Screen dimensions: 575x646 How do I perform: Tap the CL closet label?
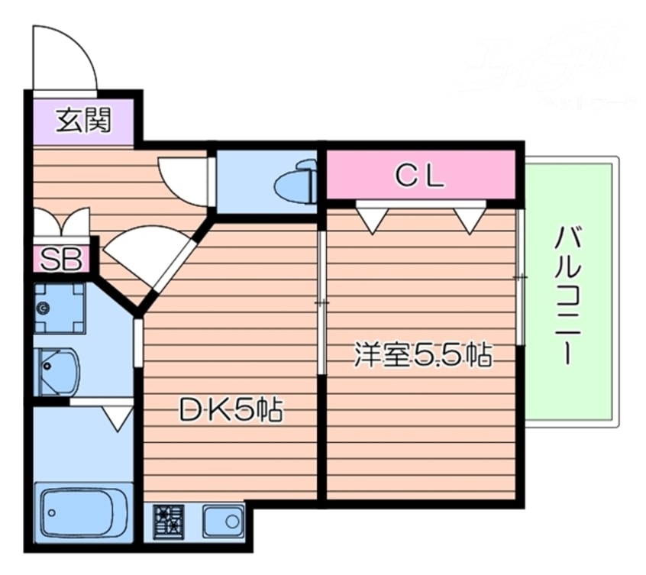[x=419, y=176]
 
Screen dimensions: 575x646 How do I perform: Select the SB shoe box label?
[x=60, y=259]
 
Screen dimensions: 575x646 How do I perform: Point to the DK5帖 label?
[x=231, y=411]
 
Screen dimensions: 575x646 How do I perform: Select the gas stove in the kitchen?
[x=169, y=522]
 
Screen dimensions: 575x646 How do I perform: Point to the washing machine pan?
[x=59, y=308]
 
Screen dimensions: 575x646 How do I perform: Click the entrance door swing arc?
[x=66, y=57]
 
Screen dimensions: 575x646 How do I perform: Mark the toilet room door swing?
[x=184, y=180]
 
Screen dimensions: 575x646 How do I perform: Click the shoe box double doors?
[x=61, y=222]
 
